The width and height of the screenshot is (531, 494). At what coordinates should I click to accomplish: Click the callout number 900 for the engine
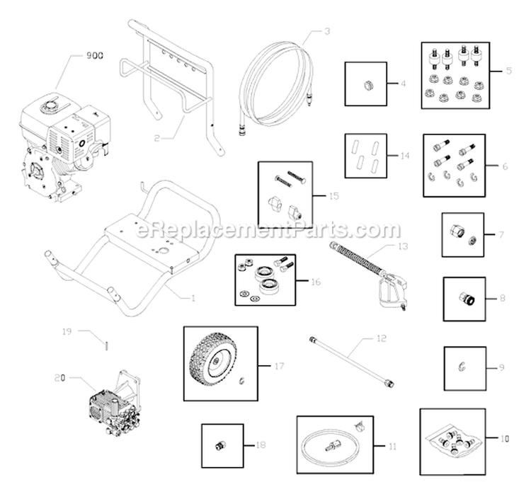(x=95, y=55)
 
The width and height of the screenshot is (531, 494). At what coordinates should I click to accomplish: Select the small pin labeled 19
(x=105, y=346)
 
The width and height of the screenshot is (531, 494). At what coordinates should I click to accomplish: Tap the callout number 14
(x=404, y=154)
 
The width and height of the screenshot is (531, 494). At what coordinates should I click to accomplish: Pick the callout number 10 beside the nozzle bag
(x=503, y=439)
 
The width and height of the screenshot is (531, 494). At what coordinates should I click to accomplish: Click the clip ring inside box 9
(x=459, y=366)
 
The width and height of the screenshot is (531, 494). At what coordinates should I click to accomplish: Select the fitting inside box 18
(x=219, y=445)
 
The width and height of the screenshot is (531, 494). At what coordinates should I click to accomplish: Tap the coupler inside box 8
(x=464, y=298)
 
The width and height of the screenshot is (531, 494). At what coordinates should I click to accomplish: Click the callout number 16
(x=315, y=281)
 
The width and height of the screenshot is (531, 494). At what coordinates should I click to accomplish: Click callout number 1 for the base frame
(x=193, y=298)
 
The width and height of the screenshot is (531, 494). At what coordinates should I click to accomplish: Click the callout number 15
(x=334, y=195)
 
